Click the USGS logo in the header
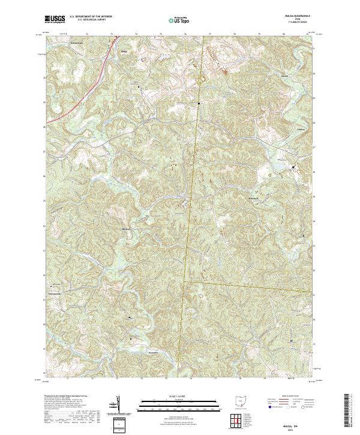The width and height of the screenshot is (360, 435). pos(55,19)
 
